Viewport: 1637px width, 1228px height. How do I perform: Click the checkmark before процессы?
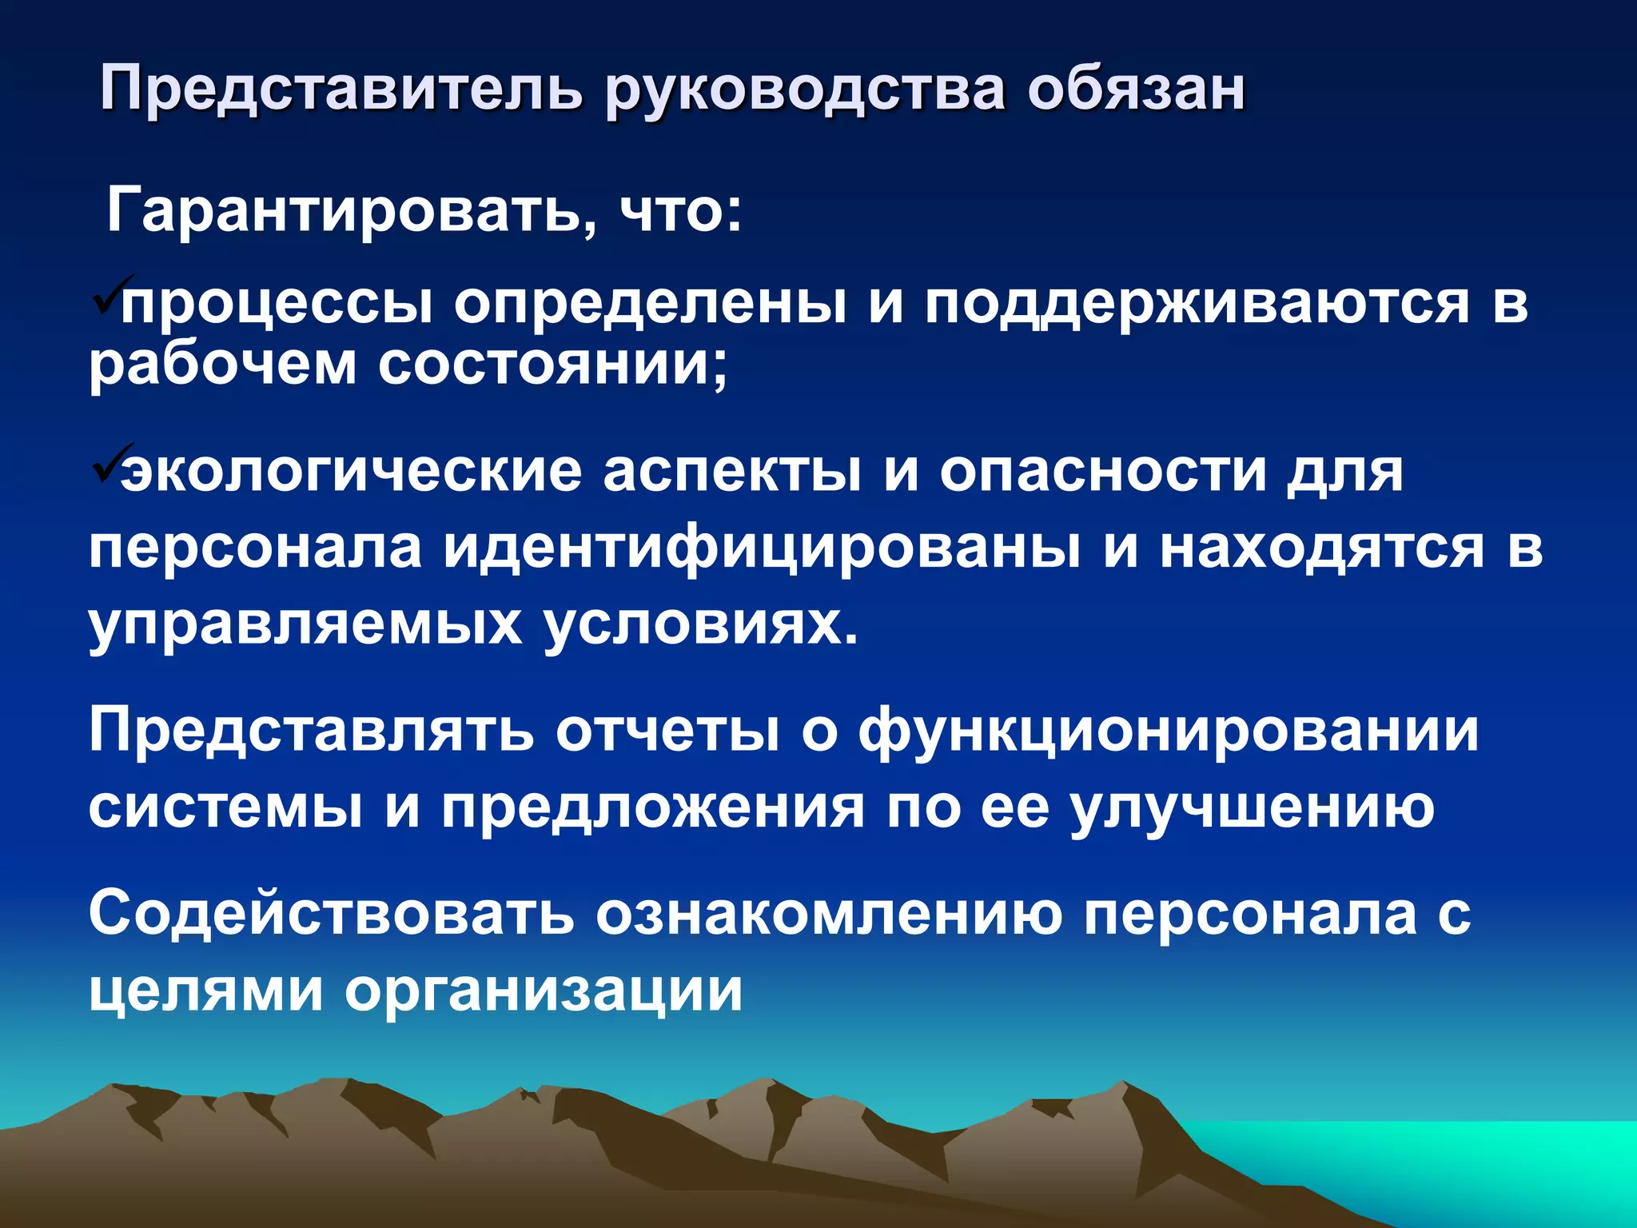tap(106, 297)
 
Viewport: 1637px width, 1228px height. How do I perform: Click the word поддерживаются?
tap(1197, 305)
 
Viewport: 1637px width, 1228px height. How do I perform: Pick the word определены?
tap(651, 305)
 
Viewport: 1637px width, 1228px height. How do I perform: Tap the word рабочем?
tap(222, 365)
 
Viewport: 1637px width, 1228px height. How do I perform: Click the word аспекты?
tap(731, 472)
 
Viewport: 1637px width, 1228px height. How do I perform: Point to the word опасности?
tap(1103, 472)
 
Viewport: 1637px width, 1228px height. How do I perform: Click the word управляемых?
tap(305, 624)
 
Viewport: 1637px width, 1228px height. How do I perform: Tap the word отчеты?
tap(667, 731)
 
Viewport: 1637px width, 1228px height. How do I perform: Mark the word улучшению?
tap(1252, 807)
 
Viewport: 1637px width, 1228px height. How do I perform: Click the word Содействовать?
tap(331, 913)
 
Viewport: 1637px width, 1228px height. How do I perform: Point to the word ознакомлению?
tap(828, 913)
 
